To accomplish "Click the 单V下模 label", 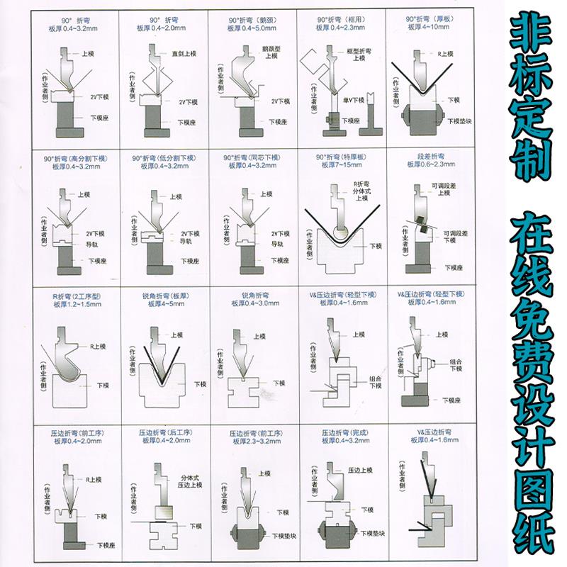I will pos(352,100).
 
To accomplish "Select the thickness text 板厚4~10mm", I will pos(430,27).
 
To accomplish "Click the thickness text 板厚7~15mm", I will pos(341,167).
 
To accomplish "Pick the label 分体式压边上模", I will pos(191,481).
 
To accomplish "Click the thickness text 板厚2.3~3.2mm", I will pos(253,440).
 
